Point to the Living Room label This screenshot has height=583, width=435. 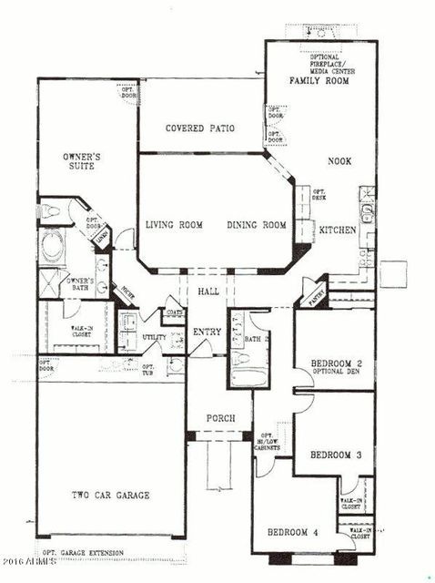click(174, 225)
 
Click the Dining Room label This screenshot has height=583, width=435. click(256, 225)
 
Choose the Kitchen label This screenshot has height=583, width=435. click(336, 230)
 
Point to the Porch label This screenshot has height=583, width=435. click(220, 418)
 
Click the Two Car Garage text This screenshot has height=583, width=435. click(111, 496)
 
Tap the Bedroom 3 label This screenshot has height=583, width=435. click(329, 455)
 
